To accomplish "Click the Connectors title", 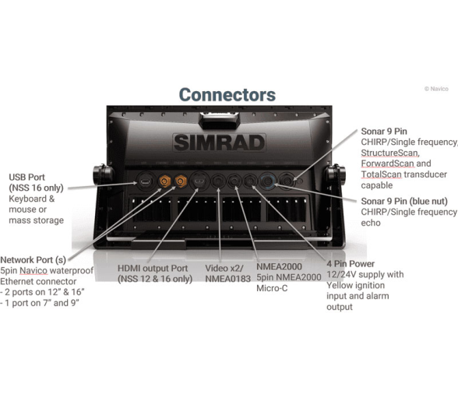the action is coord(227,95).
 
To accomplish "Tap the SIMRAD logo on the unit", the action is coord(219,142).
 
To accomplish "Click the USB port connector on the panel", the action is coord(145,181).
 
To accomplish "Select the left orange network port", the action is coord(164,181).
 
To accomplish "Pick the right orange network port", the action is coord(181,181).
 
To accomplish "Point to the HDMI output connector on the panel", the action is coord(199,181).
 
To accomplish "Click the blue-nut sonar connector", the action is coord(268,181).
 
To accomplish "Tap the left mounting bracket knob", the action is coord(102,174).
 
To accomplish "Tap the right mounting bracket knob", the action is coord(336,174).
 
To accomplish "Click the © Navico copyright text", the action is coord(436,89).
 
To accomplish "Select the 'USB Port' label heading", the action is coord(26,178).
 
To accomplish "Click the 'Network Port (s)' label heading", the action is coord(33,260).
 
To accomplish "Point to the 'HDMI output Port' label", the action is coord(153,269).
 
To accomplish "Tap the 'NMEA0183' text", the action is coord(227,279).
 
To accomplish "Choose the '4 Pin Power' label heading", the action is coord(351,264).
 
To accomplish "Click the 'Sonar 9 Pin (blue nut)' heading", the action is coord(404,201).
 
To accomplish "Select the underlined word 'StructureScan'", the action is coord(389,153).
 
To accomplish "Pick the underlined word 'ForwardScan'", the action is coord(388,164).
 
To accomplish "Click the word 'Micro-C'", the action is coord(272,288).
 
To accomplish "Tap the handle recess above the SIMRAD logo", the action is coord(219,121).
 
